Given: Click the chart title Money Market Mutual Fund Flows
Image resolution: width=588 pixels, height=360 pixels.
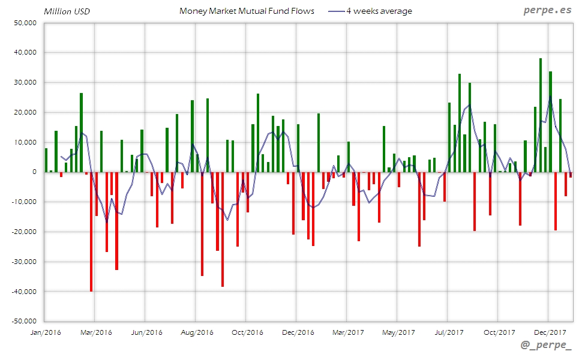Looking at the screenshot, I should click(247, 11).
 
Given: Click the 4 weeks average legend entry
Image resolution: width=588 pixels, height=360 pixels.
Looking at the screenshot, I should click(379, 11).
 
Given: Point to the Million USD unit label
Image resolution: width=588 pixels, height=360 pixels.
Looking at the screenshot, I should click(67, 11).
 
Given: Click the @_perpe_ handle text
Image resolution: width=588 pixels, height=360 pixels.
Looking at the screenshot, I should click(547, 346).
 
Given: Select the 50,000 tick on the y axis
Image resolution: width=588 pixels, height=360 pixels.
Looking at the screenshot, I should click(25, 23).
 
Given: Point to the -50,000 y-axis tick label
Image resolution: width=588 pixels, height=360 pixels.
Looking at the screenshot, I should click(23, 322).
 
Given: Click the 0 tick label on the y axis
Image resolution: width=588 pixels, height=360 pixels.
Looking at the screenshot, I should click(34, 172).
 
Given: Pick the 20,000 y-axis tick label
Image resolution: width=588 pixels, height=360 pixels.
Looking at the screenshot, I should click(25, 112).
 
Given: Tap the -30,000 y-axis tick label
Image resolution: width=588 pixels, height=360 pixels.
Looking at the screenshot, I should click(23, 262).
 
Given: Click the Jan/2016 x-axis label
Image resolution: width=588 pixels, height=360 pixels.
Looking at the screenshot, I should click(45, 332).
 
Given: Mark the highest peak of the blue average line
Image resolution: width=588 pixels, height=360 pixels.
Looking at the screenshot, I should click(550, 96).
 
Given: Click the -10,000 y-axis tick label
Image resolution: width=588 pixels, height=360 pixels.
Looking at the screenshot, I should click(23, 202).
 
